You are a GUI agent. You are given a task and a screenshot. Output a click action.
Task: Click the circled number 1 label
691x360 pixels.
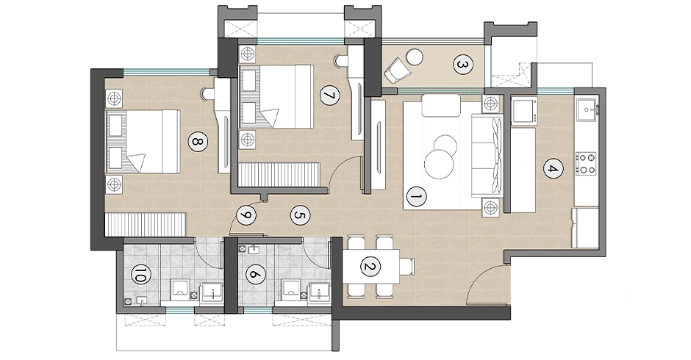pyautogui.click(x=416, y=197)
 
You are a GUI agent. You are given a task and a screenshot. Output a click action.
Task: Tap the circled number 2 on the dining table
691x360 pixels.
pyautogui.click(x=370, y=267)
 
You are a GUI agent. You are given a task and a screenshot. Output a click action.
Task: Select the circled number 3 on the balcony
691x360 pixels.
pyautogui.click(x=462, y=65)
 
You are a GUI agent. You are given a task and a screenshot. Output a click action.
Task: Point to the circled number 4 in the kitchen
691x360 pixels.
pyautogui.click(x=553, y=169)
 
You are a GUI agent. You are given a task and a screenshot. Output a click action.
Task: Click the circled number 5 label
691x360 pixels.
pyautogui.click(x=300, y=215)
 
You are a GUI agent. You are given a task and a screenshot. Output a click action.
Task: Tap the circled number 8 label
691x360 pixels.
pyautogui.click(x=197, y=142)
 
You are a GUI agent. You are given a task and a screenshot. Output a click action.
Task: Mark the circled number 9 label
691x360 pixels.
pyautogui.click(x=246, y=215)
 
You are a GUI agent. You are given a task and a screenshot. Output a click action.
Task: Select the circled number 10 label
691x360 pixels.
pyautogui.click(x=141, y=277)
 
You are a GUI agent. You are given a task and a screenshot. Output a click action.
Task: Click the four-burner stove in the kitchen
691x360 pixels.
pyautogui.click(x=586, y=163)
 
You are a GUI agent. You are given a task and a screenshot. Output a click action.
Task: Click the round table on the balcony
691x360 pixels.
pyautogui.click(x=415, y=57)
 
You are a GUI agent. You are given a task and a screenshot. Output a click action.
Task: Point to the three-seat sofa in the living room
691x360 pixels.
pyautogui.click(x=487, y=156)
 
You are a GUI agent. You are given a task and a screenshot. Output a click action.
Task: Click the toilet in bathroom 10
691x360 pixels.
pyautogui.click(x=181, y=290)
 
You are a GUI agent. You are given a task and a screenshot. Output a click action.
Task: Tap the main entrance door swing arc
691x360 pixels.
pyautogui.click(x=480, y=277)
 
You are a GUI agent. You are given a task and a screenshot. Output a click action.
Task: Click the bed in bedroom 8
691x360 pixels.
pyautogui.click(x=143, y=142)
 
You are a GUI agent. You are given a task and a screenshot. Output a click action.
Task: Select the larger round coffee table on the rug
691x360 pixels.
pyautogui.click(x=439, y=165)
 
